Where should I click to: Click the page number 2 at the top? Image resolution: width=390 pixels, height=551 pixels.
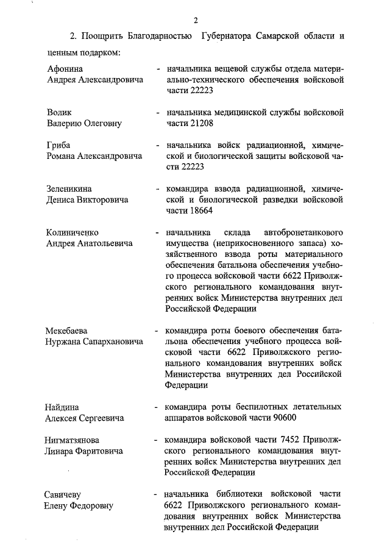(196, 19)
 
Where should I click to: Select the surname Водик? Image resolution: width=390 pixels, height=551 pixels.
(60, 113)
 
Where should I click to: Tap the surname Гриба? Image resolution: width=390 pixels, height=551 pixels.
(58, 145)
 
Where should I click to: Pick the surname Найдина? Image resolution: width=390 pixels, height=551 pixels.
(63, 407)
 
